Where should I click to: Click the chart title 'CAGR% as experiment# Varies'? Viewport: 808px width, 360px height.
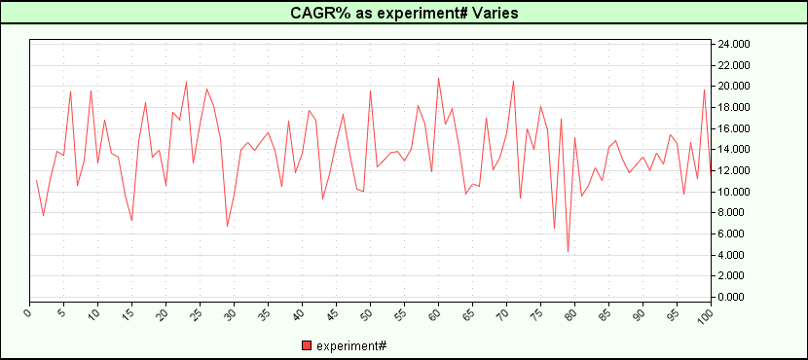pos(404,13)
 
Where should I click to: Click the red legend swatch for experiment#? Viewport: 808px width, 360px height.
pos(307,345)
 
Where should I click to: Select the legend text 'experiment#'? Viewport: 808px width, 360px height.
pos(351,345)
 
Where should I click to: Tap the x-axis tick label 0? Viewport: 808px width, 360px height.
pos(29,313)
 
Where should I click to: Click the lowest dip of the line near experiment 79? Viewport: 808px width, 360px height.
pos(568,252)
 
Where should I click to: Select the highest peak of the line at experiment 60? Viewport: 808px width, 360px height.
pos(438,77)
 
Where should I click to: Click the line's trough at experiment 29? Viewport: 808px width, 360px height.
pos(227,227)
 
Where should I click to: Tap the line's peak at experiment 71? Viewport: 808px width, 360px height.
pos(513,81)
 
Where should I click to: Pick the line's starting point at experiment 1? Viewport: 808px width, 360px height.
pos(36,180)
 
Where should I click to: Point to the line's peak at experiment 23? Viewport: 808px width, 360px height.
pos(186,82)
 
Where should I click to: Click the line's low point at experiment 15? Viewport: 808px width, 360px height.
pos(131,221)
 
